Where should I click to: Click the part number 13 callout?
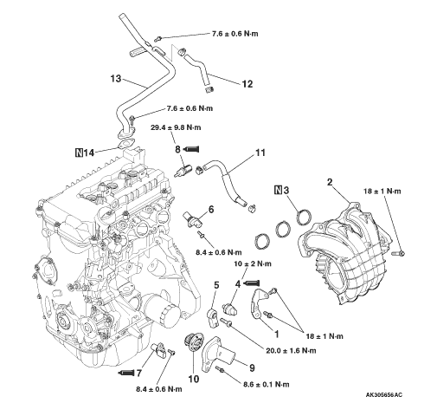pos(116,78)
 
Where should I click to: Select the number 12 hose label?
pos(247,84)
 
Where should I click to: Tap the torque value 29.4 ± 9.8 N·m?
pos(176,127)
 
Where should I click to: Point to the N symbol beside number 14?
pos(79,153)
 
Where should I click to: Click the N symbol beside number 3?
pos(278,190)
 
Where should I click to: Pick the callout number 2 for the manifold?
pos(330,182)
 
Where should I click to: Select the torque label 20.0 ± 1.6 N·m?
pos(291,350)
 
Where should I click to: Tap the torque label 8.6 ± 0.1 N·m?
pos(267,384)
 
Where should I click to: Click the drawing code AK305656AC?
pos(384,394)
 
